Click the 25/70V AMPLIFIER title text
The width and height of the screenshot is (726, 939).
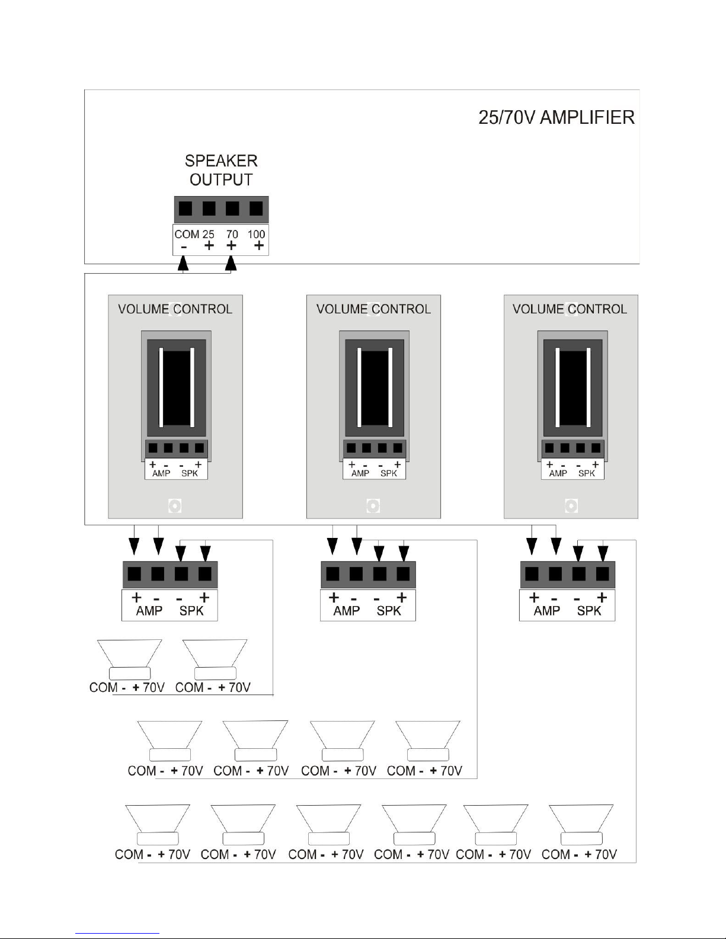pos(556,117)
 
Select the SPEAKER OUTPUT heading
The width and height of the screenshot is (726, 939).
pos(221,170)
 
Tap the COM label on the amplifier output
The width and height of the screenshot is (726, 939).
pos(187,234)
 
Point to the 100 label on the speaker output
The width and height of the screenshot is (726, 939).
pos(256,234)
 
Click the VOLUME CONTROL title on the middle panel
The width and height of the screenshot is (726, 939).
pos(373,309)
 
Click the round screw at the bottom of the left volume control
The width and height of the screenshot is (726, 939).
pos(175,506)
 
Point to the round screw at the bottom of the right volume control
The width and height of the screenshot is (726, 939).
pos(571,506)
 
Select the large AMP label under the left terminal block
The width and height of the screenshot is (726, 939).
pos(149,611)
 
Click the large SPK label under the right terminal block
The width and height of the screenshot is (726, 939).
pos(589,611)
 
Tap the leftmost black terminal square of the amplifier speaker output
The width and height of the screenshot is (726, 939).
pos(186,209)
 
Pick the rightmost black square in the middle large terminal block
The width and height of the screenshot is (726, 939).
pos(403,574)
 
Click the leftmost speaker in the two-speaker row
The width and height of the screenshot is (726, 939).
pos(130,659)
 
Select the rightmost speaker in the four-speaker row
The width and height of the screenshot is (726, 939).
pos(428,741)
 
